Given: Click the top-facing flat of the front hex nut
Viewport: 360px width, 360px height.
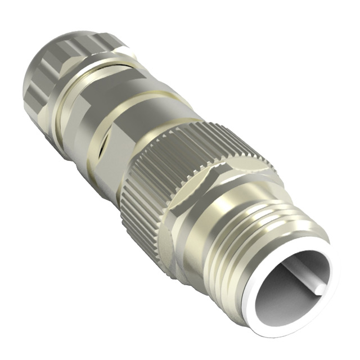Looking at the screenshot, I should click(225, 169).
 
